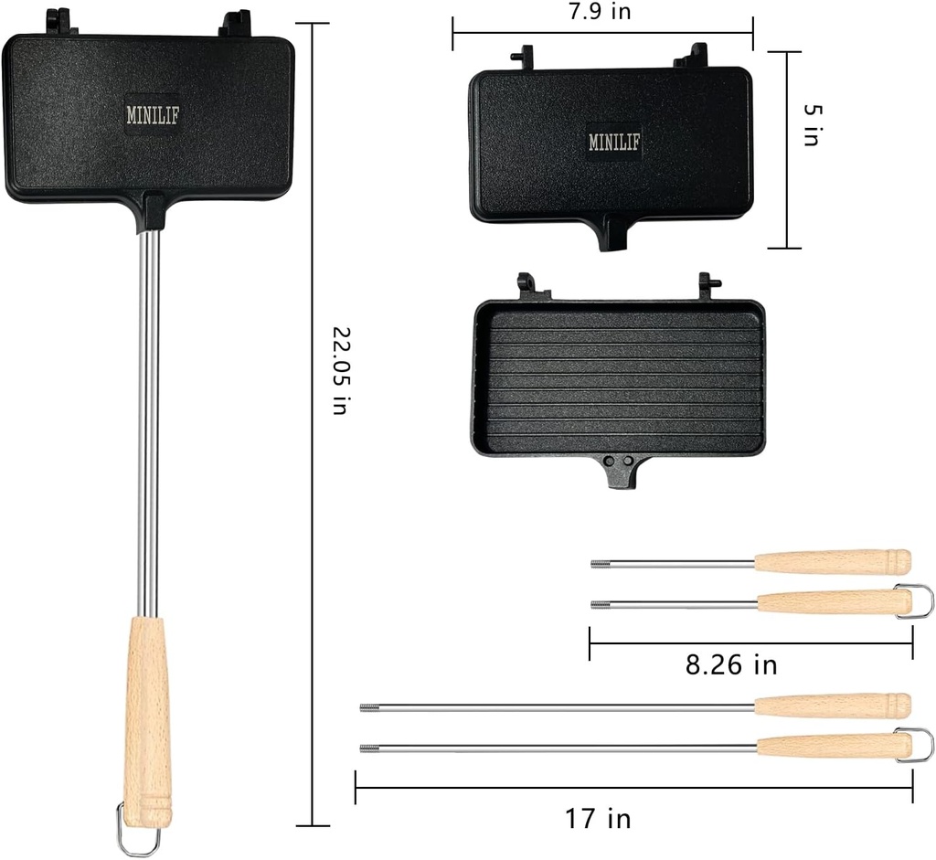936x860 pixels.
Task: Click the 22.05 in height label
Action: (339, 371)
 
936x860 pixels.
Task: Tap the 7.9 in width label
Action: (600, 11)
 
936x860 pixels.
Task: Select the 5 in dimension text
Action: (811, 123)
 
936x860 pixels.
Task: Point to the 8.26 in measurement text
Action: (731, 664)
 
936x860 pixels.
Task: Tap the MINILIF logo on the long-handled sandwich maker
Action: (149, 114)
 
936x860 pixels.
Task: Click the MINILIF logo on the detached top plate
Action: (614, 142)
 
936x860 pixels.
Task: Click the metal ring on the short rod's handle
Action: (918, 600)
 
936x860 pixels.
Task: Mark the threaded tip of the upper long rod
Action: (369, 706)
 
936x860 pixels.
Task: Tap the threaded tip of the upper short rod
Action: (600, 563)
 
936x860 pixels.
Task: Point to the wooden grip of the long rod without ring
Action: (832, 706)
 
